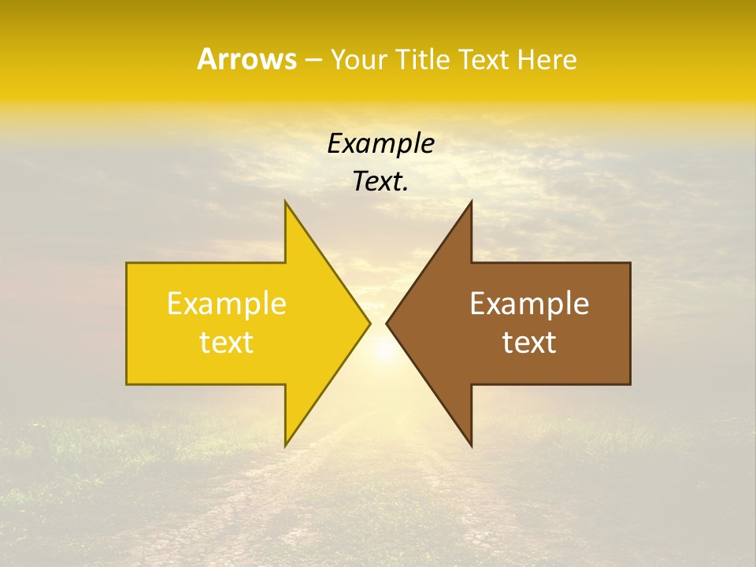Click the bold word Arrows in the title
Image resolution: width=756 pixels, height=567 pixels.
point(246,59)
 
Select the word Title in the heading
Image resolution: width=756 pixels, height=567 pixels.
point(425,59)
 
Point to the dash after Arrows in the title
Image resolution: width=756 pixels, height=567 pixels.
point(313,60)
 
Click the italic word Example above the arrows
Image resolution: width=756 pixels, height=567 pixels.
point(380,144)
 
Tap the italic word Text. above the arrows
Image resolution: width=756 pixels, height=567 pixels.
point(380,182)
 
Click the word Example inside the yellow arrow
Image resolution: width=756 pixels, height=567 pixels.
point(227,304)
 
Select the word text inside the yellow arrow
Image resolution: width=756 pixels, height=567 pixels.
point(227,343)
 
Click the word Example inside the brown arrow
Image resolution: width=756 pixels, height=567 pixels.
point(529,304)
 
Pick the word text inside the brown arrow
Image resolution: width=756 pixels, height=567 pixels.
point(529,343)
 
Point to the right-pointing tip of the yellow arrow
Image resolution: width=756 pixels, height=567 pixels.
point(369,323)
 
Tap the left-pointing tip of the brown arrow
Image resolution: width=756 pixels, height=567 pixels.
point(387,323)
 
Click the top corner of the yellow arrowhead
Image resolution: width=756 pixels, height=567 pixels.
point(286,202)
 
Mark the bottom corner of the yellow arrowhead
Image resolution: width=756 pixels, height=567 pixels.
point(286,445)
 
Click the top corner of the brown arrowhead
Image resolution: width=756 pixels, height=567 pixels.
point(471,202)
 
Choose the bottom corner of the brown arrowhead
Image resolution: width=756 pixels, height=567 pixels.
point(471,445)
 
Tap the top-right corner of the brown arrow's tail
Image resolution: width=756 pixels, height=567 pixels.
point(629,264)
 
